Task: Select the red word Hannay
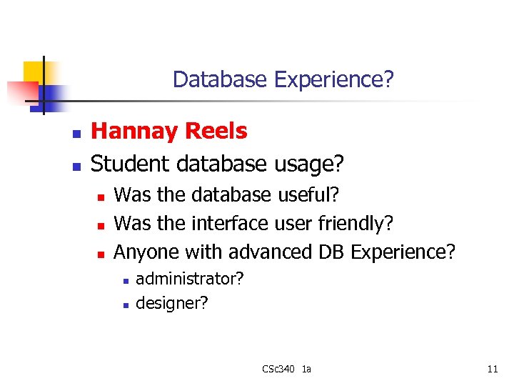pyautogui.click(x=135, y=132)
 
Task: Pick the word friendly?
pyautogui.click(x=355, y=224)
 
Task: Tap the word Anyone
pyautogui.click(x=146, y=252)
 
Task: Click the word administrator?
pyautogui.click(x=189, y=278)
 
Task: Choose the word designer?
pyautogui.click(x=171, y=303)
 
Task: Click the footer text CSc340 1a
pyautogui.click(x=286, y=370)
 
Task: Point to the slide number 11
pyautogui.click(x=492, y=370)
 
